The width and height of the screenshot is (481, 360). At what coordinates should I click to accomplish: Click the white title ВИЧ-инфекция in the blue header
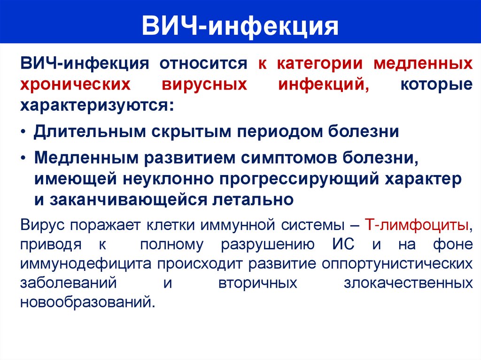coord(240,26)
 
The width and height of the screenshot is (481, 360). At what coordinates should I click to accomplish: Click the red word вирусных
coord(204,85)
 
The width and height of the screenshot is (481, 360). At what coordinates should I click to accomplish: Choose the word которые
coord(436,85)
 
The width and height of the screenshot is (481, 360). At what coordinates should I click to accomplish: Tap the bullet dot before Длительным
coord(23,132)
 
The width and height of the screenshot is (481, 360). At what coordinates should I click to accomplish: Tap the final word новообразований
coord(87,302)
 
